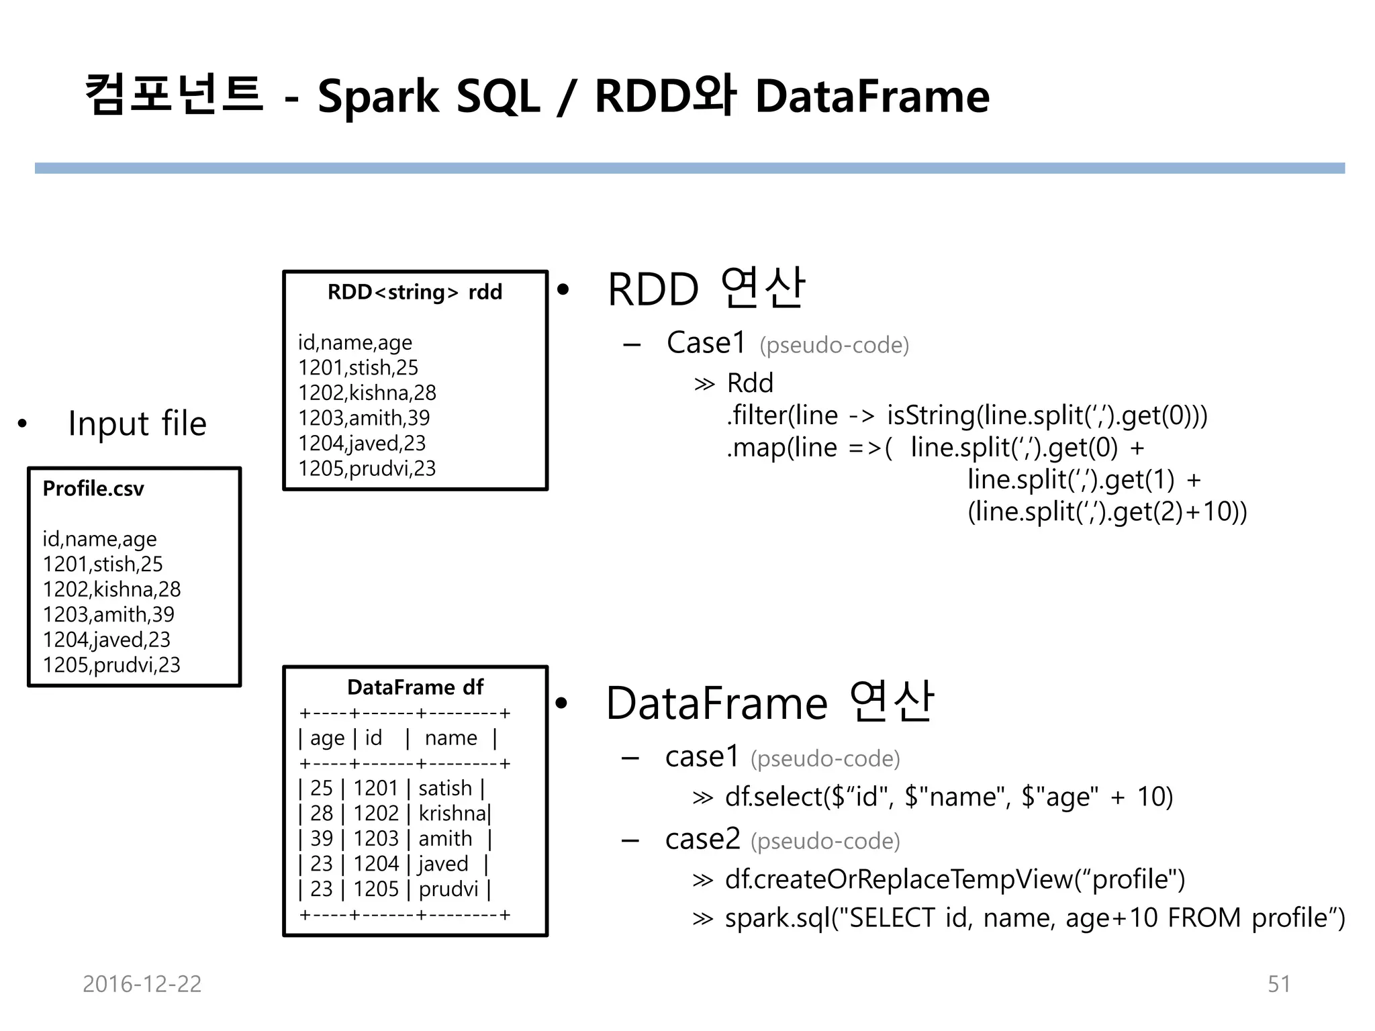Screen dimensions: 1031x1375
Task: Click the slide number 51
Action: click(x=1278, y=983)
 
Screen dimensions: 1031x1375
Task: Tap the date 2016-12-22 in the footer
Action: click(x=142, y=983)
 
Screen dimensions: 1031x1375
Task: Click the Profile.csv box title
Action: click(x=93, y=489)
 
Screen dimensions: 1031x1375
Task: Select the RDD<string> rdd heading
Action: click(x=414, y=292)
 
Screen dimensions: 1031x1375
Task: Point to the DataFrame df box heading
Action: click(x=415, y=687)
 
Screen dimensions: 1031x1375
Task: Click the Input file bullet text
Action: click(x=137, y=424)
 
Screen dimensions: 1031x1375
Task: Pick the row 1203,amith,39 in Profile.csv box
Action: click(x=108, y=614)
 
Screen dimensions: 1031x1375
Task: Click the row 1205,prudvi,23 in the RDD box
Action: click(x=367, y=468)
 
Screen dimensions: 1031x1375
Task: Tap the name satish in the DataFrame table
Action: click(x=445, y=788)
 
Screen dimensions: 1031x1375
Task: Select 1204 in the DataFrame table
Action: click(x=376, y=864)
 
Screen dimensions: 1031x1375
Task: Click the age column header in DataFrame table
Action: click(x=327, y=738)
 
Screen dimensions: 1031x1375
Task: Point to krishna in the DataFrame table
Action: click(x=452, y=814)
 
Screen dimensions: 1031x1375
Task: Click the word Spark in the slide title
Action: click(x=377, y=96)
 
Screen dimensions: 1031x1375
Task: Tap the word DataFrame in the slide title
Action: click(x=872, y=96)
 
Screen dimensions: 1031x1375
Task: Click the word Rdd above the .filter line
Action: click(x=750, y=383)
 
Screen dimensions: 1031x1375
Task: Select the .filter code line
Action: click(x=966, y=415)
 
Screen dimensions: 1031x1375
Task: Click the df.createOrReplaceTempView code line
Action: click(x=955, y=879)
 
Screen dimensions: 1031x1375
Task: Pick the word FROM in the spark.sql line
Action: click(x=1204, y=918)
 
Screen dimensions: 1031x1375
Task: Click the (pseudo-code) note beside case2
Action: click(x=825, y=841)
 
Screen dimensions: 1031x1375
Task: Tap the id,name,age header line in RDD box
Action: click(x=355, y=342)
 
